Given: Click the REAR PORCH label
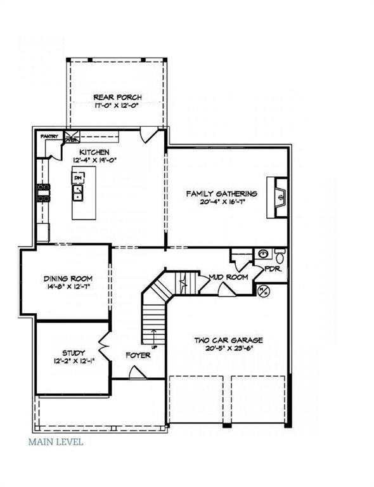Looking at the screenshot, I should click(x=117, y=97).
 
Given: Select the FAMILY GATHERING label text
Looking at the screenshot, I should click(x=221, y=193).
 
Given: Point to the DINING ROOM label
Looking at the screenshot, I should click(x=68, y=278).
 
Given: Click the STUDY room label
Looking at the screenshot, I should click(x=74, y=353).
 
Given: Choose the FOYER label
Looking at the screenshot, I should click(x=138, y=355).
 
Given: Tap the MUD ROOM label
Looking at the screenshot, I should click(x=228, y=277).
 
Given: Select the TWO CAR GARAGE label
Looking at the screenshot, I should click(x=228, y=341).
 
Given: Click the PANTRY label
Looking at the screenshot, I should click(x=49, y=136).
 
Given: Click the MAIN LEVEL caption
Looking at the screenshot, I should click(x=55, y=441).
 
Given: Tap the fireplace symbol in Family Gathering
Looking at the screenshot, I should click(x=279, y=197).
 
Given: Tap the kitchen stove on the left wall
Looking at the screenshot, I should click(x=43, y=192).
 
